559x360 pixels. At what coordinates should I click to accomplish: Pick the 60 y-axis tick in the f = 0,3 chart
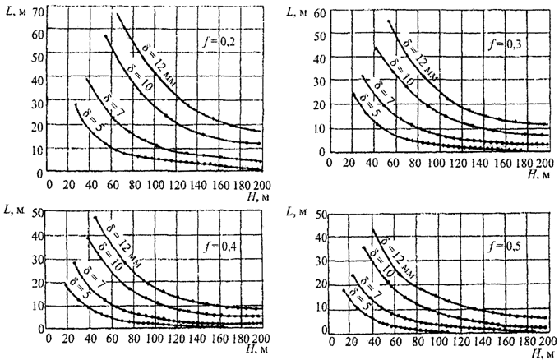314,15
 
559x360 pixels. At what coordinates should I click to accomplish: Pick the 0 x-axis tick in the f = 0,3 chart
330,163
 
